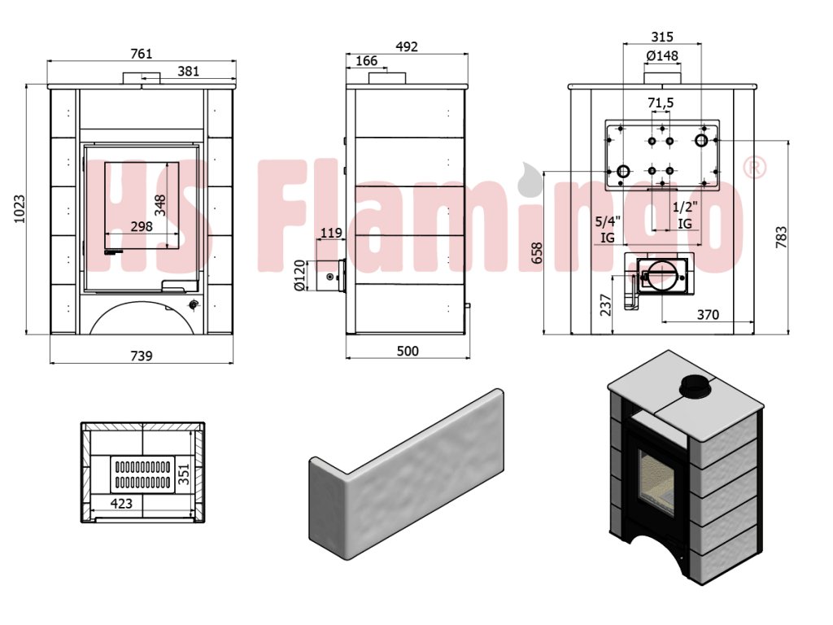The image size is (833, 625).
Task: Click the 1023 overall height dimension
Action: coord(19,209)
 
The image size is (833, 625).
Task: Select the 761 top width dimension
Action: coord(142,54)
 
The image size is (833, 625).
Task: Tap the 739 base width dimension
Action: coord(142,356)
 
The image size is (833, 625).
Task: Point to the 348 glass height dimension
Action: coord(160,205)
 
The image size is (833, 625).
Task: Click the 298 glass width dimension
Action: coord(142,226)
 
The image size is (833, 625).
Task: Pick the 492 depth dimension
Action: coord(407,46)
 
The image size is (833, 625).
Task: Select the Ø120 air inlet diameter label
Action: coord(300,275)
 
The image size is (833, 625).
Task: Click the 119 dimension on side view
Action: coord(332,233)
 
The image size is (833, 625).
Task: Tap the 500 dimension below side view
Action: coord(408,351)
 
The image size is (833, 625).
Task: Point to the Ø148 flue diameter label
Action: coord(662,56)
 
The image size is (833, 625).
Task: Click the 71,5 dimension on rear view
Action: coord(661,103)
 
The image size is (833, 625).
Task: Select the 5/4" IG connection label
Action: coord(608,229)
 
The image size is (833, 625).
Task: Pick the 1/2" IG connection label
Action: coord(685,215)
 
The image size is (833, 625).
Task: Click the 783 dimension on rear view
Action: coord(781,237)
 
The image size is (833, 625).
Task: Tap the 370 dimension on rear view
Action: coord(709,315)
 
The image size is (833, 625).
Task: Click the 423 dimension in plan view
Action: coord(121,503)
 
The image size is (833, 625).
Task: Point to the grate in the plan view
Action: coord(142,474)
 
